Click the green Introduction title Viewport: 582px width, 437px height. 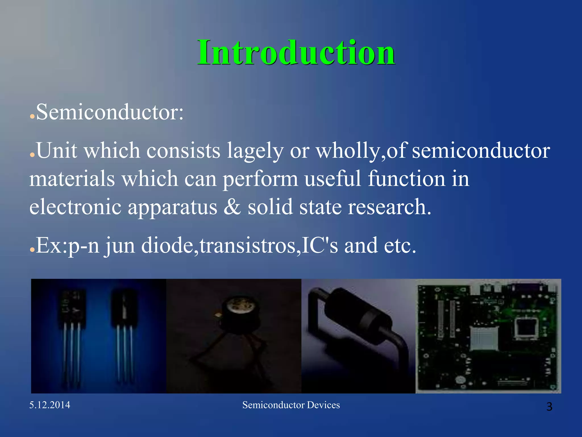click(296, 53)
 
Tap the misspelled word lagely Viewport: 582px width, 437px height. click(255, 151)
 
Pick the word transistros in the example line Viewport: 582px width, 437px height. click(247, 245)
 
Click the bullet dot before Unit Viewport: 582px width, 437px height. click(32, 155)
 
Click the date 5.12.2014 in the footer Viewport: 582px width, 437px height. click(50, 405)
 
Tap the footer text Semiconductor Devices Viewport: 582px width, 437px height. click(291, 405)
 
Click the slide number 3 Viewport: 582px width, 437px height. click(549, 407)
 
